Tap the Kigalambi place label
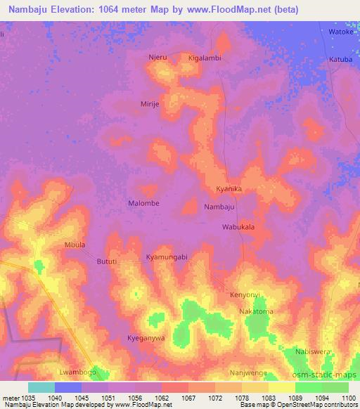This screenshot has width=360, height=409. coord(205,58)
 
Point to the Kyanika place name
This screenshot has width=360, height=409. coord(229,190)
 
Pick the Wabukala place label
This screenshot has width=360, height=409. coord(238,228)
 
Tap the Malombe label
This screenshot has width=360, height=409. coord(143,203)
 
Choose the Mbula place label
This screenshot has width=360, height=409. coord(75,245)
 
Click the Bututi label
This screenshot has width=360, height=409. coord(107,261)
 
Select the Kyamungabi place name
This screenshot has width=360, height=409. coord(167,257)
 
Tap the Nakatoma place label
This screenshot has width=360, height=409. coord(256,311)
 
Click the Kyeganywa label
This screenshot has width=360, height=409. coord(146,338)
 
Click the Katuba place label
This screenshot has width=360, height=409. coord(340,60)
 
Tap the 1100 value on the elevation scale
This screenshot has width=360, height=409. coord(348,398)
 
